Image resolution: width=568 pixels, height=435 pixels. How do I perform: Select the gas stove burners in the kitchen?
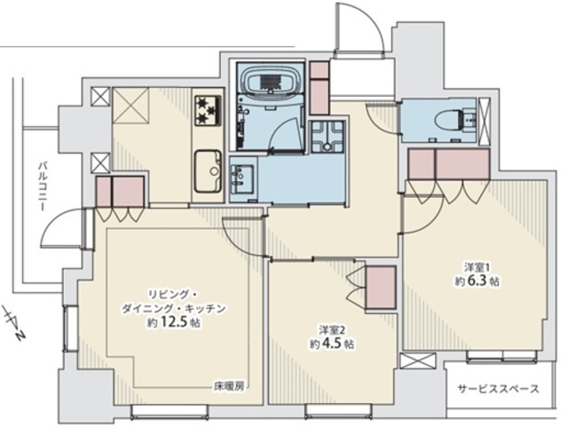pos(208,110)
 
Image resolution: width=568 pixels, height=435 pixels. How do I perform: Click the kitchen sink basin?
pos(208,171)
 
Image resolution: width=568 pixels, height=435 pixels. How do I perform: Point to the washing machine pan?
pos(327,137)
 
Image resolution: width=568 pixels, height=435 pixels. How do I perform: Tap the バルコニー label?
pos(43,187)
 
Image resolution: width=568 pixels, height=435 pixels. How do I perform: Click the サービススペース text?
pos(498,390)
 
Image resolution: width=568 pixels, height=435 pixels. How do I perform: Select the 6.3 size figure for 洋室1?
pos(476,281)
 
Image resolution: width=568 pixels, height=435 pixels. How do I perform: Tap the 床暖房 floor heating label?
pos(228,388)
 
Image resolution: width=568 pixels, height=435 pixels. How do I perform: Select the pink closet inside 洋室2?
pos(380,287)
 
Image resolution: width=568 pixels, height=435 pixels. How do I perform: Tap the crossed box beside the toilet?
pos(485,120)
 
